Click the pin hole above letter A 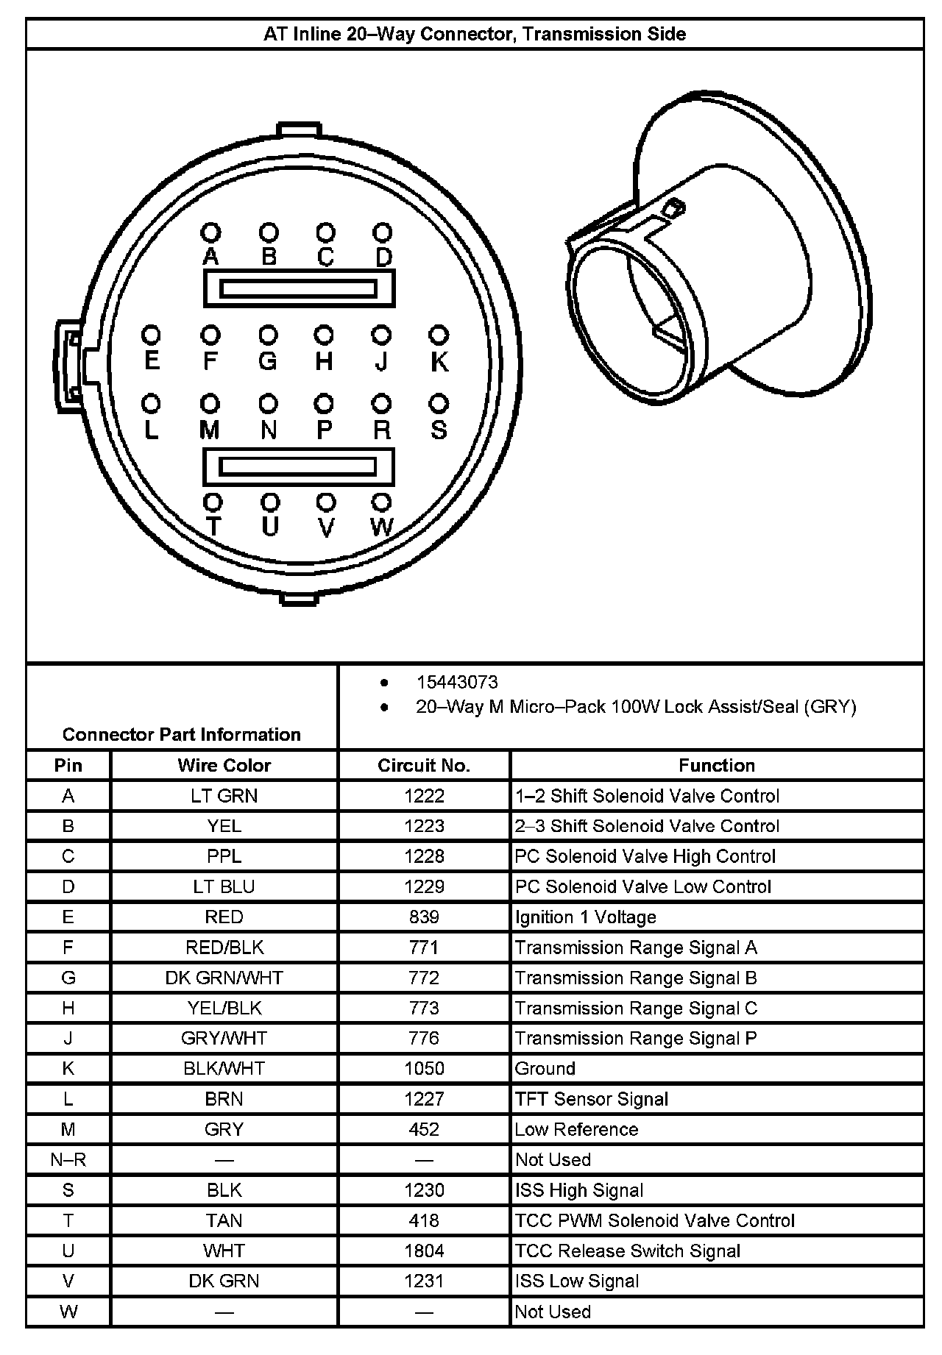210,233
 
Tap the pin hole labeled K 439,335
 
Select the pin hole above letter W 381,502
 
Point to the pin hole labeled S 439,404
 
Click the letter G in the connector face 268,361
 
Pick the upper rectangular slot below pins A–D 299,288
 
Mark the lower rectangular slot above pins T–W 299,467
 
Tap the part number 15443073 457,682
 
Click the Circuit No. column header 424,765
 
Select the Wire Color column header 224,765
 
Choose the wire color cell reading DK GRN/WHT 224,978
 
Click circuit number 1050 424,1068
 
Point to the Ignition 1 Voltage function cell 586,917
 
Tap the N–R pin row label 68,1159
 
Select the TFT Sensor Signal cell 592,1099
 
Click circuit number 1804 424,1251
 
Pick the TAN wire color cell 224,1220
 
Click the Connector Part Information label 182,734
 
